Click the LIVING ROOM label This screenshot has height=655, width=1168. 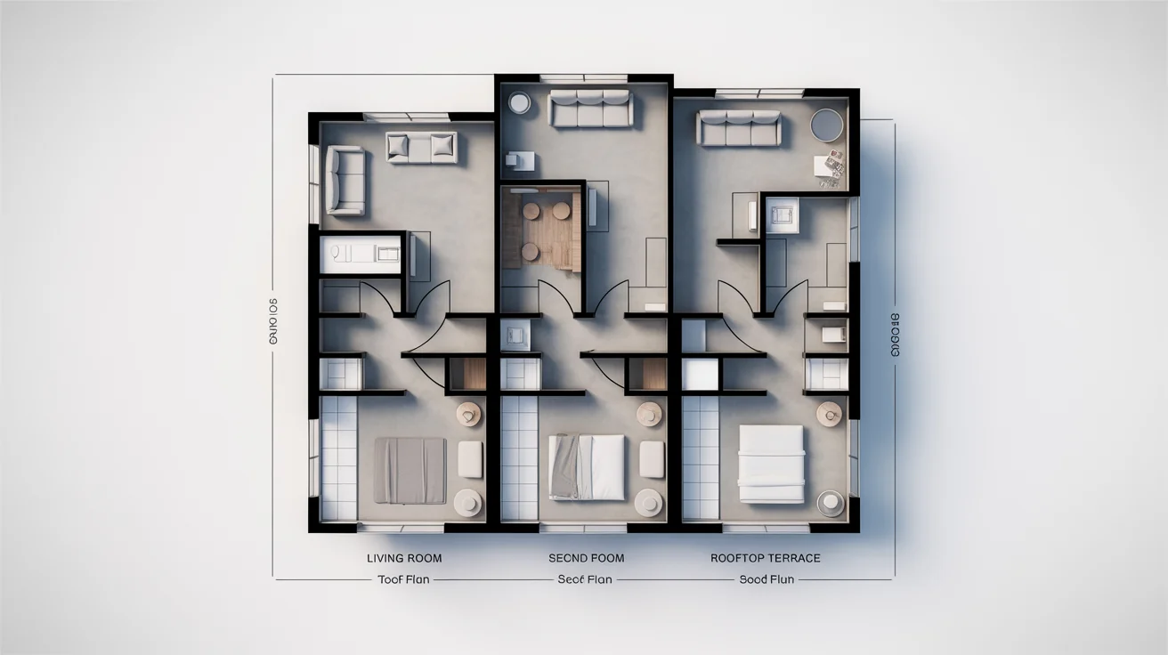point(404,558)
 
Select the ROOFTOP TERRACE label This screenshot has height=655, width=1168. point(766,558)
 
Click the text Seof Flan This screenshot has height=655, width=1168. point(585,579)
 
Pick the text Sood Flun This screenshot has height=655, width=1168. point(766,579)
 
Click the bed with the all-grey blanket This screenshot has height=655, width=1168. point(410,470)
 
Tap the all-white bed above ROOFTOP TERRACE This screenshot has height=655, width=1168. point(771,463)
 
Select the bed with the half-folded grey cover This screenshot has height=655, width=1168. point(587,466)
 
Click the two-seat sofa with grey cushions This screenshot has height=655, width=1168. point(421,147)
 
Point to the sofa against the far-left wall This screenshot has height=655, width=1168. point(345,182)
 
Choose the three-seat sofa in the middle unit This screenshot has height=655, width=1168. point(589,109)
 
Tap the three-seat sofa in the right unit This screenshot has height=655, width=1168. point(739,128)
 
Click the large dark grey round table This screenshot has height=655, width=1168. point(826,125)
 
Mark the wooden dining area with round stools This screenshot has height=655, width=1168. point(541,230)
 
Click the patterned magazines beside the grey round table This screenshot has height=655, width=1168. point(831,169)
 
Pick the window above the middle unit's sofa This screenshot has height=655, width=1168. point(588,78)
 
